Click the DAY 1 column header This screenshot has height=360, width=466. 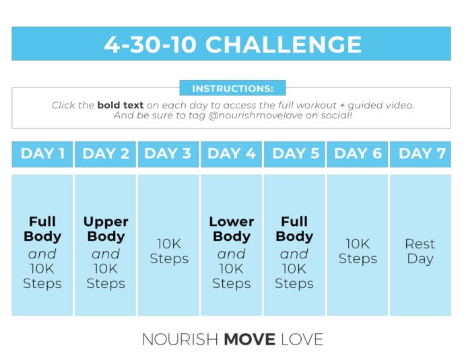tap(42, 154)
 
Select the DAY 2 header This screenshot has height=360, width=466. tap(106, 154)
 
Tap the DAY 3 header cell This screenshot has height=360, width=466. tap(168, 154)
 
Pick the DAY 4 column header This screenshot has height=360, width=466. tap(232, 154)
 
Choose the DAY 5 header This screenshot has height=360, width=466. tap(295, 154)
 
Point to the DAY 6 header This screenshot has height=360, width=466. tap(358, 154)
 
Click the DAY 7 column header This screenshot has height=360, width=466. tap(421, 154)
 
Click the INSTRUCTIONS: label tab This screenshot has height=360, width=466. tap(232, 89)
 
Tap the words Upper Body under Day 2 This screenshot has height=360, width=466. tap(106, 229)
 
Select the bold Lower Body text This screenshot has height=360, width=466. tap(232, 229)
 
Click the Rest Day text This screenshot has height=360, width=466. tap(420, 251)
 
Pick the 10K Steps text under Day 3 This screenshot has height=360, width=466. tap(168, 251)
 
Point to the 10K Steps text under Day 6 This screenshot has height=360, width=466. tap(358, 251)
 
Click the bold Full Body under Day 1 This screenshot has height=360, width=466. tap(42, 229)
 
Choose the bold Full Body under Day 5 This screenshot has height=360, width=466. tap(295, 229)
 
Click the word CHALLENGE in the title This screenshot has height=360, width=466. tap(284, 44)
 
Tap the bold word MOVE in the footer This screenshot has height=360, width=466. tap(249, 340)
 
